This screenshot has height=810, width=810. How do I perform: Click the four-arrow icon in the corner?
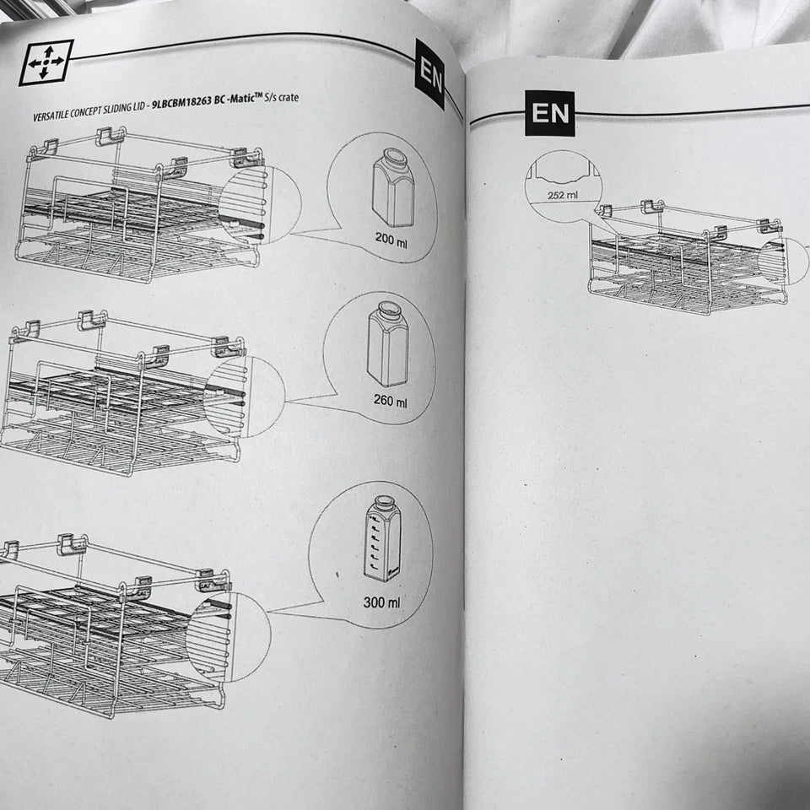tap(46, 62)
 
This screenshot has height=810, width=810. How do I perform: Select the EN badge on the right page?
tap(549, 113)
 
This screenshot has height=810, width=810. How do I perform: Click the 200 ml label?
tap(391, 240)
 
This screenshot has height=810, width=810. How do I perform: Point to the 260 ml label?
tap(390, 400)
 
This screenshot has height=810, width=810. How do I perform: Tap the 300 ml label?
tap(381, 602)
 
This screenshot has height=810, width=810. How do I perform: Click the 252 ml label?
tap(563, 195)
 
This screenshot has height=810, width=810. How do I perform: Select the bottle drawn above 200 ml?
tap(393, 187)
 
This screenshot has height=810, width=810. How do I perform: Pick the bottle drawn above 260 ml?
tap(387, 344)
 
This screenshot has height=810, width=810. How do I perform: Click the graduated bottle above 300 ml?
tap(382, 538)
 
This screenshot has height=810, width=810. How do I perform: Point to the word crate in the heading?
tap(289, 97)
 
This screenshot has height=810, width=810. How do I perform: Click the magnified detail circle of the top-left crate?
tap(260, 205)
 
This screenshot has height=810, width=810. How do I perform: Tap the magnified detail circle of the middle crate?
tap(244, 397)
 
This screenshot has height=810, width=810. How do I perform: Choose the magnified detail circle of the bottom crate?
tap(229, 637)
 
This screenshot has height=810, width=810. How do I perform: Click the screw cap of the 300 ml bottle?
tap(383, 502)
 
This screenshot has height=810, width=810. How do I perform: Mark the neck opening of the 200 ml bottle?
tap(395, 155)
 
